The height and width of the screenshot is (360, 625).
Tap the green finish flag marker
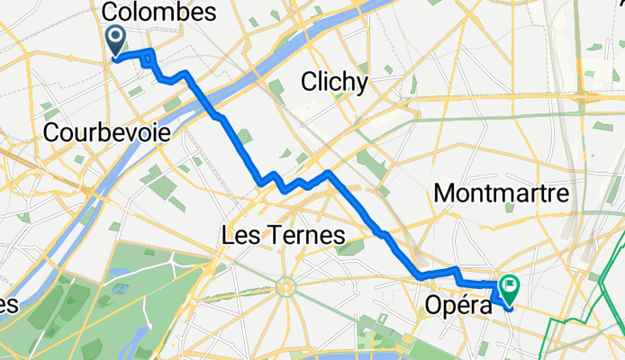tap(511, 287)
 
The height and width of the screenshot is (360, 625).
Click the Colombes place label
tap(160, 13)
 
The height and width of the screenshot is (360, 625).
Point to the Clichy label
tap(335, 83)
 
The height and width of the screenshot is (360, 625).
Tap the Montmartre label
tap(501, 193)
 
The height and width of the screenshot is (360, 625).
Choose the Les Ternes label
tap(284, 236)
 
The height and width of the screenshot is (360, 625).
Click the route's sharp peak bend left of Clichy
tap(329, 172)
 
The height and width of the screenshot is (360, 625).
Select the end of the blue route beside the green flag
tap(510, 308)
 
